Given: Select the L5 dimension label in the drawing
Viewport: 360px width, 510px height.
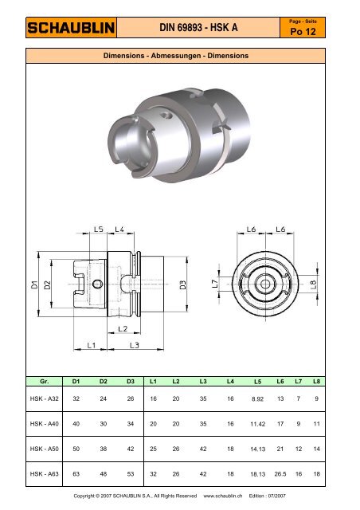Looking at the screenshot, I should (99, 229).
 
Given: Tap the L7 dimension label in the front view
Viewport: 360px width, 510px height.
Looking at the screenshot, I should (215, 284).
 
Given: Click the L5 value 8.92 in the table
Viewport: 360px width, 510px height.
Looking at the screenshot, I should (257, 399).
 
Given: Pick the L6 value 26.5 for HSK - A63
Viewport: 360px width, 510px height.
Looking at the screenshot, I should (280, 475).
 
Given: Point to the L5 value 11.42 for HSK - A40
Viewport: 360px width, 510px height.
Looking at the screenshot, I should (256, 425).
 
